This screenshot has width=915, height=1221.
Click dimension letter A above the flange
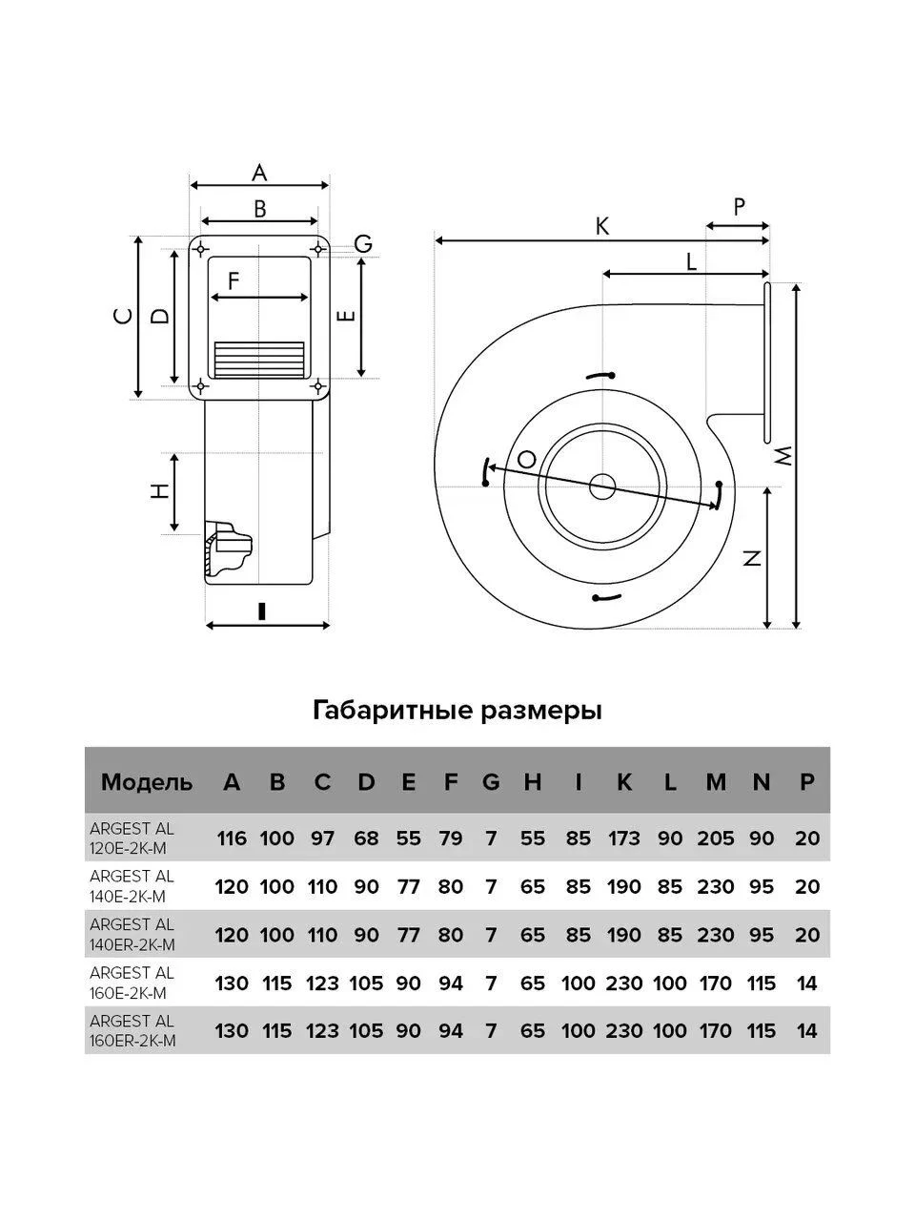pyautogui.click(x=259, y=173)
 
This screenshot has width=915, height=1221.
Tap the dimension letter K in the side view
pyautogui.click(x=602, y=227)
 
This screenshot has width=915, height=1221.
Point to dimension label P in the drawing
pyautogui.click(x=739, y=207)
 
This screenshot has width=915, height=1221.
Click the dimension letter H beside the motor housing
pyautogui.click(x=160, y=491)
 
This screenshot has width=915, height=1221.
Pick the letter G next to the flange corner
pyautogui.click(x=363, y=243)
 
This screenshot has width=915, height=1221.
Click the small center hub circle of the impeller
pyautogui.click(x=602, y=487)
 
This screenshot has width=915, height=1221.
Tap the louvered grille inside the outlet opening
pyautogui.click(x=259, y=360)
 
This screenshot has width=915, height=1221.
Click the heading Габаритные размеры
pyautogui.click(x=457, y=712)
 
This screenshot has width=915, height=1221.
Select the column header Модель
pyautogui.click(x=147, y=782)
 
